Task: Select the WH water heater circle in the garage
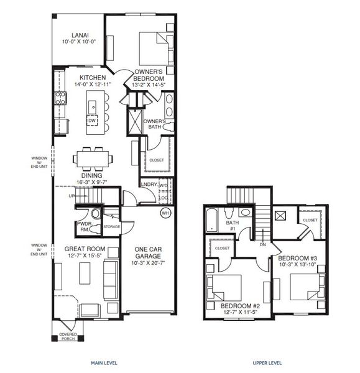(x=165, y=213)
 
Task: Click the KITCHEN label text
(x=84, y=78)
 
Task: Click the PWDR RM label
(x=84, y=226)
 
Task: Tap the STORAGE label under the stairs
(x=112, y=226)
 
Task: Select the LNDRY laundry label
(x=149, y=185)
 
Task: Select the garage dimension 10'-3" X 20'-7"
(x=149, y=263)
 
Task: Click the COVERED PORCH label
(x=68, y=336)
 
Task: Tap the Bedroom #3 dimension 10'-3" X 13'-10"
(x=297, y=265)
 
